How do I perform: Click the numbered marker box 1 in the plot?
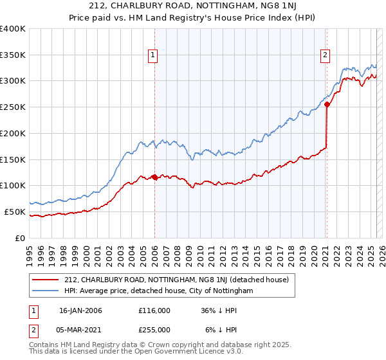coord(154,55)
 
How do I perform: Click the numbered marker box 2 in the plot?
coord(326,55)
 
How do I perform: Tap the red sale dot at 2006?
coord(154,177)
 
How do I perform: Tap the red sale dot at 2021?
coord(327,104)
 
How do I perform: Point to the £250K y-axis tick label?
coord(13,107)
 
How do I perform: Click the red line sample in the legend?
coord(46,280)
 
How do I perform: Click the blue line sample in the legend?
coord(46,291)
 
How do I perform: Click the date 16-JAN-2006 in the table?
coord(80,310)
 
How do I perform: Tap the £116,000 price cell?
coord(154,310)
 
